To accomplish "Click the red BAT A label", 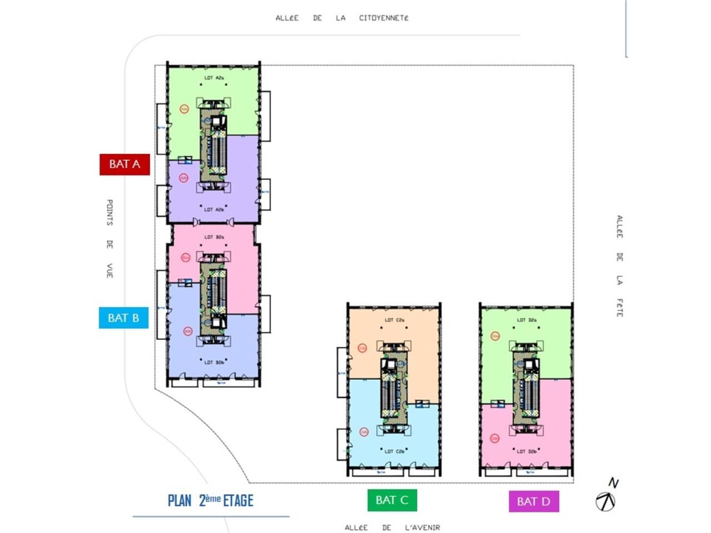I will click(x=124, y=164).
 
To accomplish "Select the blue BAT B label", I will click(x=123, y=318).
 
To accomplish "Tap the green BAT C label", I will click(x=392, y=500).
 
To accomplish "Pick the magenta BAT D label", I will click(x=533, y=502).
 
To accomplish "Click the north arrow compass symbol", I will click(x=606, y=501).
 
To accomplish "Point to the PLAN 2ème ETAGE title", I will click(x=211, y=500).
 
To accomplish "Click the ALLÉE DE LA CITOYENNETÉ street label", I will click(x=342, y=18).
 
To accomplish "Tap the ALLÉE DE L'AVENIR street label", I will click(x=392, y=527).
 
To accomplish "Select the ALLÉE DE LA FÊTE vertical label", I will click(x=619, y=266).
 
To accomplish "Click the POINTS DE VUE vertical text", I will click(x=109, y=239).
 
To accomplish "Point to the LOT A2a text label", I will click(x=214, y=78).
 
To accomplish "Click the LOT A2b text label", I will click(x=214, y=210).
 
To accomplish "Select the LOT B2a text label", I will click(x=214, y=237).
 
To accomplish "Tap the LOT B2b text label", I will click(x=214, y=363).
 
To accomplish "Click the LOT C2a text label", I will click(x=394, y=320).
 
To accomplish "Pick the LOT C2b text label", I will click(x=394, y=451).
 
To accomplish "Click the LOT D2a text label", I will click(x=527, y=320).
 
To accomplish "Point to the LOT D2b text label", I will click(x=527, y=451).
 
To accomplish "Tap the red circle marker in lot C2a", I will click(x=362, y=348).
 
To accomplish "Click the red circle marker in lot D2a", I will click(x=495, y=336).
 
